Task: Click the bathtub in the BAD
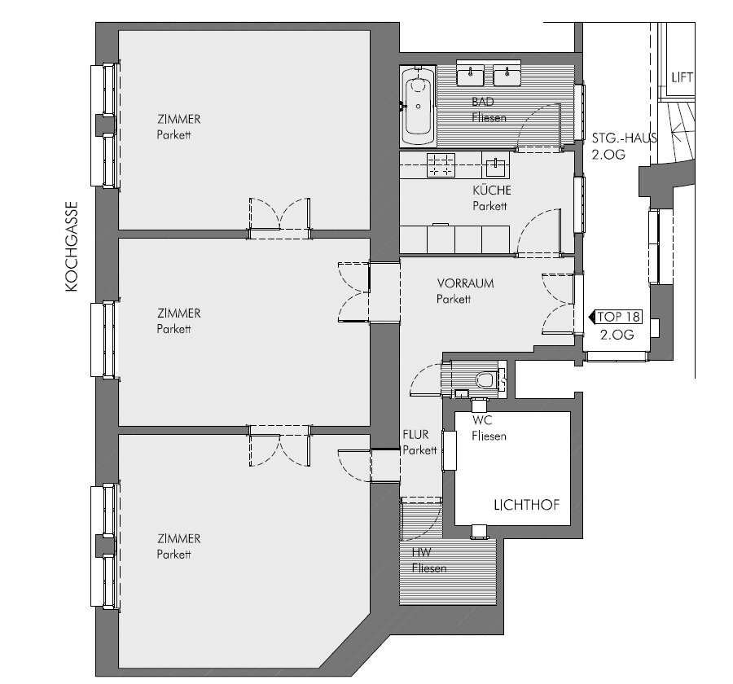[x=418, y=106]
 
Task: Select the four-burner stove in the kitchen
[x=441, y=165]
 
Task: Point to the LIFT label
[x=682, y=77]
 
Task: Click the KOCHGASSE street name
[x=71, y=247]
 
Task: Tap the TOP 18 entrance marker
[x=615, y=317]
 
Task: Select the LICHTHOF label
[x=526, y=505]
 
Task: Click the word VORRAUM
[x=466, y=283]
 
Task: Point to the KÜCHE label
[x=492, y=190]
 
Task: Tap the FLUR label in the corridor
[x=415, y=435]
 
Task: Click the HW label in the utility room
[x=422, y=552]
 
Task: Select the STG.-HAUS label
[x=624, y=138]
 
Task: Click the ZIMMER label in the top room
[x=179, y=119]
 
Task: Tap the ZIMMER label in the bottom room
[x=179, y=538]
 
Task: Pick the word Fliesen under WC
[x=489, y=436]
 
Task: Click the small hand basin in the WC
[x=462, y=393]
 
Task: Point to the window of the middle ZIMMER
[x=103, y=340]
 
